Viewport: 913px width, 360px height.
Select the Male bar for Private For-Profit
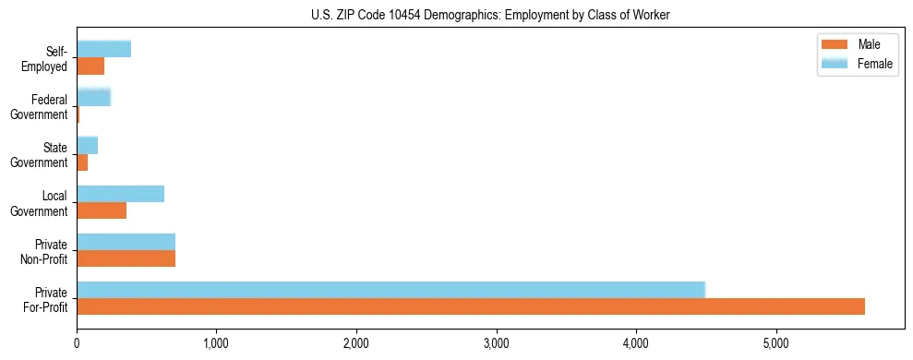[471, 306]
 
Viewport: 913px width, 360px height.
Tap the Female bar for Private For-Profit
[390, 289]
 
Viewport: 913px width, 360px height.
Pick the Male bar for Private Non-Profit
[126, 258]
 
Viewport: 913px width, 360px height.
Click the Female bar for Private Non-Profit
[126, 242]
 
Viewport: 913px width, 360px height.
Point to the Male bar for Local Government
[102, 210]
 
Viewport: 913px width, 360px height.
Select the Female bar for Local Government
[120, 194]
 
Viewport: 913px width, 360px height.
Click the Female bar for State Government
[87, 145]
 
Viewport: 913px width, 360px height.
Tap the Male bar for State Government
[82, 162]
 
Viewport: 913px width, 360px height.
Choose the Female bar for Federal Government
[93, 97]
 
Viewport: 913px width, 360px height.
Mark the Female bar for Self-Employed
[103, 49]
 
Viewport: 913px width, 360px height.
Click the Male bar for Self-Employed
[90, 66]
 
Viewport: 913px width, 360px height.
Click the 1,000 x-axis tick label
[216, 344]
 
